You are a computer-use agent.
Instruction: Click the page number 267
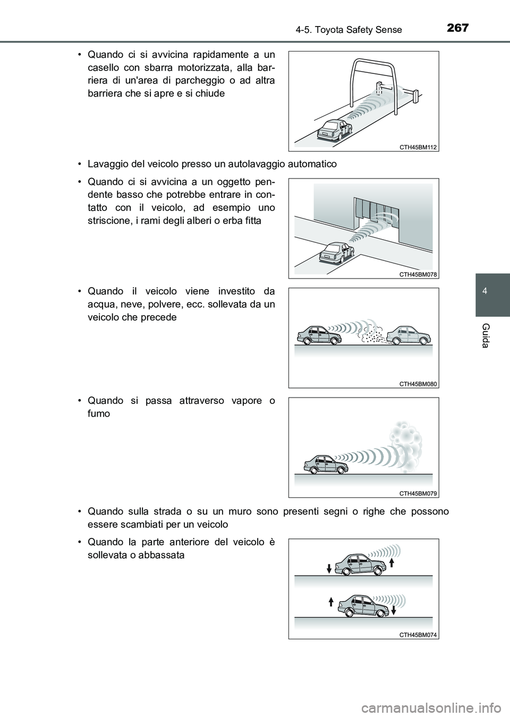457,28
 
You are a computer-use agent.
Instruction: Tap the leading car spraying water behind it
409,336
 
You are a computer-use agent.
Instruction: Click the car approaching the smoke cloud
326,463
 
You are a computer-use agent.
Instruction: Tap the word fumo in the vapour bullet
99,414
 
